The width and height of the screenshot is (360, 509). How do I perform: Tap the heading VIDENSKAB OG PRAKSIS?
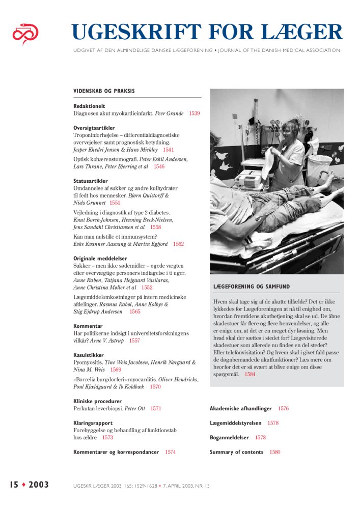(x=104, y=91)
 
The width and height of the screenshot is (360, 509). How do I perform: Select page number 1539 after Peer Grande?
(x=194, y=114)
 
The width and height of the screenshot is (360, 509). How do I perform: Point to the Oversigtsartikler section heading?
(x=94, y=128)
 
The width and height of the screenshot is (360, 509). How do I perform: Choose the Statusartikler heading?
(x=90, y=181)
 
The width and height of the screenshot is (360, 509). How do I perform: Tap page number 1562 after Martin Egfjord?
(x=178, y=244)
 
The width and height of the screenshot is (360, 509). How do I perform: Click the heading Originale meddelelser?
(x=100, y=259)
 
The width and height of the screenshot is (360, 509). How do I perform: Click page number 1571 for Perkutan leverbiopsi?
(x=155, y=408)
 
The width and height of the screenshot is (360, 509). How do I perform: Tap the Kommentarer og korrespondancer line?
(x=116, y=452)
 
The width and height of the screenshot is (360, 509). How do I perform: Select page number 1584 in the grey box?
(x=249, y=375)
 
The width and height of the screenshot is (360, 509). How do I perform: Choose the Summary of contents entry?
(x=236, y=452)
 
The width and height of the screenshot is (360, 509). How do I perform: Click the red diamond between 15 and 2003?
(x=23, y=485)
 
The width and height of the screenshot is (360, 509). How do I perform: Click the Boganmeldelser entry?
(x=230, y=437)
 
